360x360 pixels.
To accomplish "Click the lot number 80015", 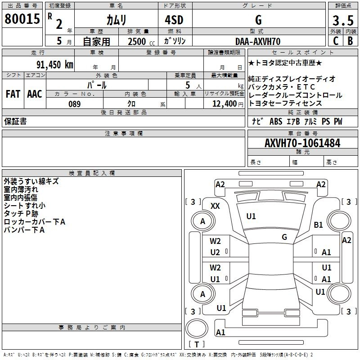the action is click(22, 19).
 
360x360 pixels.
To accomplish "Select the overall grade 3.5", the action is click(343, 20).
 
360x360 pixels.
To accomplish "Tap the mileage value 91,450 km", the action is click(55, 65).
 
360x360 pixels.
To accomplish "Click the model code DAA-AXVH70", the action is click(258, 41).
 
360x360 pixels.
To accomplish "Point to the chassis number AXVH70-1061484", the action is click(302, 143).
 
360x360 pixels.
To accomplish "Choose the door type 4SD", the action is click(174, 20).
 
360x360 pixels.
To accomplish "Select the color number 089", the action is click(75, 104).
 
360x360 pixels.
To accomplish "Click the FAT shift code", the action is click(13, 94).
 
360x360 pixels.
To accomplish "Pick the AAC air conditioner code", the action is click(35, 94).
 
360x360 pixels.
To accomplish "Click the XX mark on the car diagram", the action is click(215, 206).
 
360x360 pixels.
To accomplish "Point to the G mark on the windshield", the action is click(284, 237).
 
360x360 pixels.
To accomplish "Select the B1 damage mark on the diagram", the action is click(319, 225).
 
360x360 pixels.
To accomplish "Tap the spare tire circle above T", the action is click(197, 328).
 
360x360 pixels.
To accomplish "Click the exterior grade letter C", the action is click(336, 41).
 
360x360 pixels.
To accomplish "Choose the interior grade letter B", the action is click(350, 41).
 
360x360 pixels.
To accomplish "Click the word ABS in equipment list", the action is click(276, 121).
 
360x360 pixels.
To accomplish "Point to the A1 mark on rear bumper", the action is click(220, 332).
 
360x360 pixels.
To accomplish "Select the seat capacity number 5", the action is click(188, 85).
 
